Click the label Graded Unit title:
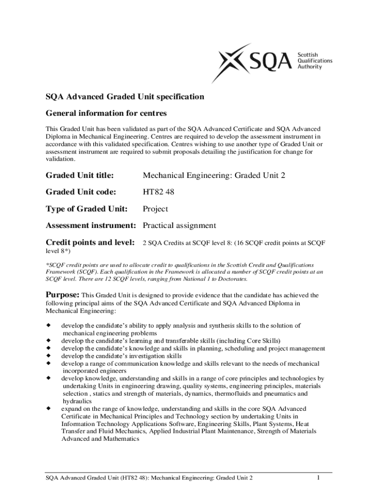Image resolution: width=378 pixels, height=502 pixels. tap(80, 175)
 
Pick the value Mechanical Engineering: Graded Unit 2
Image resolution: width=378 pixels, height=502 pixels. tap(214, 175)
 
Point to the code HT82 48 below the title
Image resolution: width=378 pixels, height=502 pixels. tap(158, 192)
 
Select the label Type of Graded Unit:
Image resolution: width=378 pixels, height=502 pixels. tap(86, 209)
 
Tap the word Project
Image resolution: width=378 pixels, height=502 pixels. tap(155, 209)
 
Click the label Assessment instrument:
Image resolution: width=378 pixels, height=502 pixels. tap(90, 226)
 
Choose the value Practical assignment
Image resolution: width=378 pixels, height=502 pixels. tap(179, 226)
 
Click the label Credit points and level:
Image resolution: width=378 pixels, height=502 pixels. tap(90, 242)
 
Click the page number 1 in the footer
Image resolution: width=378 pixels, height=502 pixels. tap(319, 478)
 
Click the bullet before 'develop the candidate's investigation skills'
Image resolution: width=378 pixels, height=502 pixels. tap(49, 356)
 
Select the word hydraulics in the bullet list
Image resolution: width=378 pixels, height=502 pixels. tap(78, 401)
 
